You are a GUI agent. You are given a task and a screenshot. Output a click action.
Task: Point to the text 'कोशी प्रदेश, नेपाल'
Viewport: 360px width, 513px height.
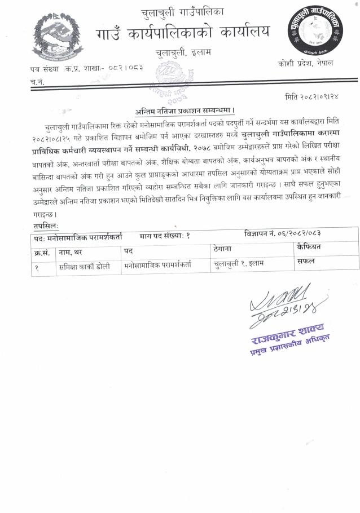pos(305,63)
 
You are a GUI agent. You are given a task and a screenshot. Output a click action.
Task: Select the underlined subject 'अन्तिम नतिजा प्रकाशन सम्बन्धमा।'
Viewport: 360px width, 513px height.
pos(185,110)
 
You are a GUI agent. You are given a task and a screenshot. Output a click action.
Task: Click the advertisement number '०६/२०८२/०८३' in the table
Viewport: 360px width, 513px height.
pos(292,233)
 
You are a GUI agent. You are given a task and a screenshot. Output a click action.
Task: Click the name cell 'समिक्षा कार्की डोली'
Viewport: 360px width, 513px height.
pos(84,264)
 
